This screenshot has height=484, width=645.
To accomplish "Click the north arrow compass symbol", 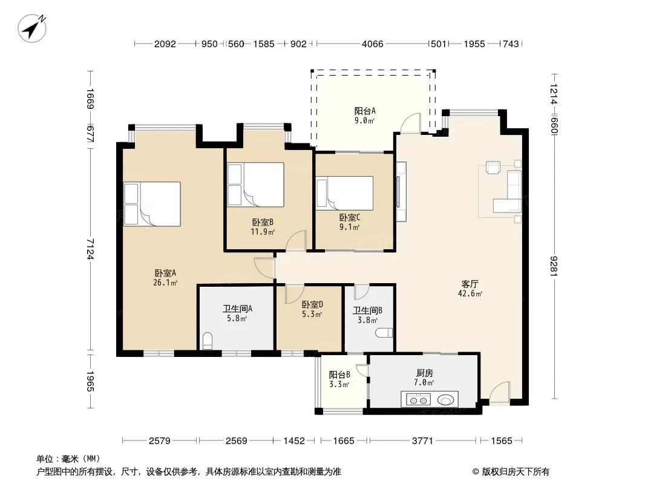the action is click(32, 28).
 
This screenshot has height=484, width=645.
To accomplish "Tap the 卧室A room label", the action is click(165, 273).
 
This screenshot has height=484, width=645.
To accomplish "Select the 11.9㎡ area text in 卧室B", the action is click(263, 232).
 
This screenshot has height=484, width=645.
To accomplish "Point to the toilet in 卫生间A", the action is click(208, 341).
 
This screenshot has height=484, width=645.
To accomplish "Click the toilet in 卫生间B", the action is click(384, 333).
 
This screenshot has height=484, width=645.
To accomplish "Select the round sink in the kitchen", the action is click(446, 399).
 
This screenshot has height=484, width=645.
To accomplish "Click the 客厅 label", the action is click(470, 284).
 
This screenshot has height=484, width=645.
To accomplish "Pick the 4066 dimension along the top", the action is click(372, 44).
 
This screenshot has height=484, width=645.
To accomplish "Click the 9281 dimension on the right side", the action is click(554, 266).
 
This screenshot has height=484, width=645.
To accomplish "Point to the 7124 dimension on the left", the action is click(91, 249).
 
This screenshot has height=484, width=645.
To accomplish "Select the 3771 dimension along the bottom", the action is click(422, 441).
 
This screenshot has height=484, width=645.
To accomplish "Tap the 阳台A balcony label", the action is click(365, 111).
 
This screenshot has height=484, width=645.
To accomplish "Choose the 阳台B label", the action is click(339, 374).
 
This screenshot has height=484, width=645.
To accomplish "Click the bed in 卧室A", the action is click(152, 204).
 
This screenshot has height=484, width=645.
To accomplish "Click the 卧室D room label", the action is click(312, 305).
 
